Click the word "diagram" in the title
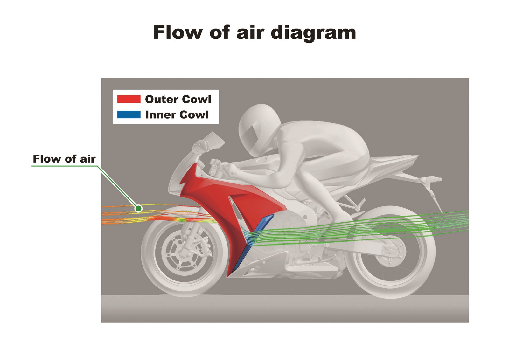(x=313, y=33)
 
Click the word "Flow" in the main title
(x=178, y=32)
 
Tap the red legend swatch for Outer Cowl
(x=129, y=99)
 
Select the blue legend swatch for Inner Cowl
(x=129, y=114)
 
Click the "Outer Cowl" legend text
(x=178, y=99)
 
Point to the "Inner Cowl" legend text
(x=177, y=115)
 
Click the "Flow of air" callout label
(x=64, y=159)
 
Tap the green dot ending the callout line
(x=138, y=208)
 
